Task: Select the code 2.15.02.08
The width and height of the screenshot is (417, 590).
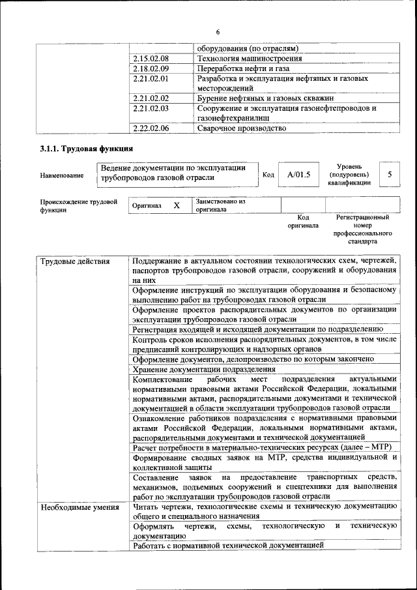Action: (x=151, y=59)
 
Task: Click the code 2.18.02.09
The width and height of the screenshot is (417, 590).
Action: (x=151, y=68)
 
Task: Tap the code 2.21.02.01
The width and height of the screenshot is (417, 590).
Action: (x=151, y=78)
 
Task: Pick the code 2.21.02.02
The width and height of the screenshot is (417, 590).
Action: (x=151, y=98)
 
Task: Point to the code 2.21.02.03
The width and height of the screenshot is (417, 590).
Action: (x=151, y=108)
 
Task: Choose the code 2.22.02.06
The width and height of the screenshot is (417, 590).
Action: (x=151, y=128)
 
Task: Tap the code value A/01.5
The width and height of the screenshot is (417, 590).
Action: (x=299, y=175)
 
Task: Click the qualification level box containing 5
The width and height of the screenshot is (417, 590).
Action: (x=390, y=175)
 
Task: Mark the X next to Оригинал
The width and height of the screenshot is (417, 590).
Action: (x=177, y=205)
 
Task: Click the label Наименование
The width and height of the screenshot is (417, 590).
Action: (x=62, y=175)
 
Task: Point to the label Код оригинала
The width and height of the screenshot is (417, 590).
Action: (x=303, y=222)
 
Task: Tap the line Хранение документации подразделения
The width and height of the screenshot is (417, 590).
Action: (x=203, y=369)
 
